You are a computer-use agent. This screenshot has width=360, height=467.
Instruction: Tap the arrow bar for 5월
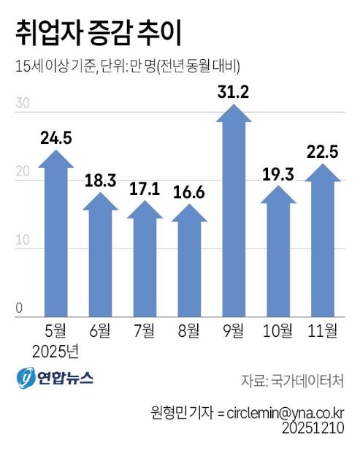(56, 241)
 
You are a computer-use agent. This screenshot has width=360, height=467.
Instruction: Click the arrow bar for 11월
(322, 245)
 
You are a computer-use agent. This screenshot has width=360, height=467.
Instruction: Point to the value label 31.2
(232, 91)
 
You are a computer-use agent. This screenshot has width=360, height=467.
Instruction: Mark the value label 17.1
(145, 189)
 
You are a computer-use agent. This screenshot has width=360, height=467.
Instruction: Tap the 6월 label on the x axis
(100, 332)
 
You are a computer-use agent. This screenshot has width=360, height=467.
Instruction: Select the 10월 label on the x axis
(277, 332)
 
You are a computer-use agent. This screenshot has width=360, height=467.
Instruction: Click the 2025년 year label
(55, 352)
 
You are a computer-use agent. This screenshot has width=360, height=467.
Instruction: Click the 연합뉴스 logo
(55, 379)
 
